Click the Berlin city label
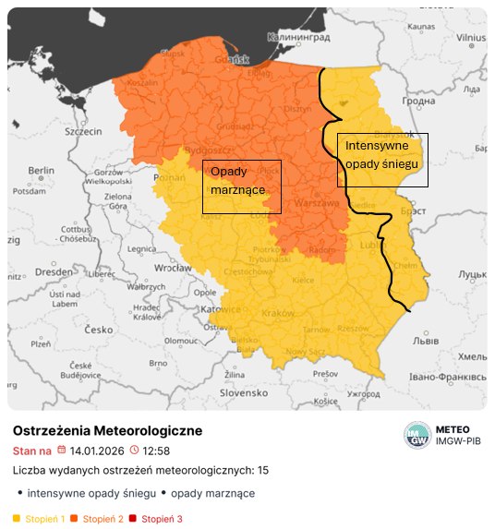[x=42, y=171]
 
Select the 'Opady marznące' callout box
[x=241, y=186]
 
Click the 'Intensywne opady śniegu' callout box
[x=381, y=159]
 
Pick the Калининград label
[x=298, y=37]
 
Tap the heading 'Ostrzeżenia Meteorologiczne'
[x=107, y=431]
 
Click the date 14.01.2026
[x=97, y=451]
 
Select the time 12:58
[x=157, y=451]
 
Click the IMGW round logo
[x=417, y=435]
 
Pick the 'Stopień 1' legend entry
[x=39, y=519]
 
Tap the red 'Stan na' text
[x=31, y=451]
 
